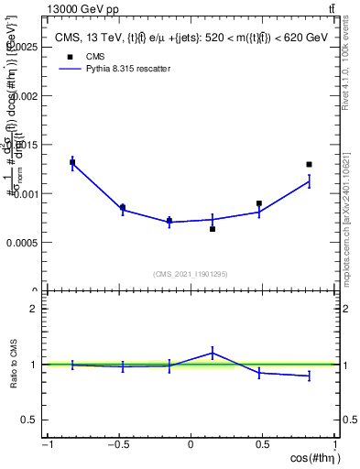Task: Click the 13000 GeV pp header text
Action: click(x=82, y=8)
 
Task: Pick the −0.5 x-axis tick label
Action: click(x=117, y=446)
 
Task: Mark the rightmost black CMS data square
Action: click(x=310, y=165)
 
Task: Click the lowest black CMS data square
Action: click(x=213, y=229)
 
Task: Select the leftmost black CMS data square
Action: click(x=72, y=162)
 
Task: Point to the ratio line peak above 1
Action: click(x=213, y=352)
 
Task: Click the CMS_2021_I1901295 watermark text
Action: click(x=191, y=274)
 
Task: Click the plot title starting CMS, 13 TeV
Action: click(x=191, y=38)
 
